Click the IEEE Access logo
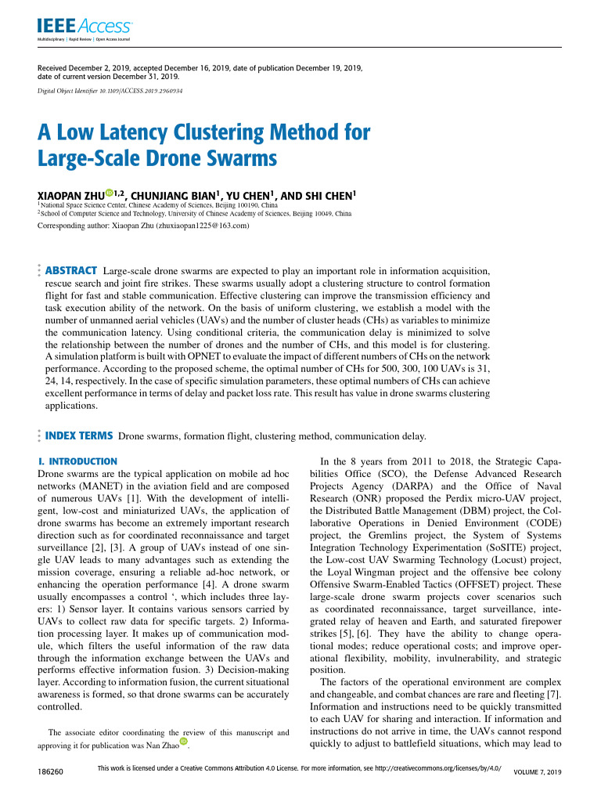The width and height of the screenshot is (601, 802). (x=85, y=27)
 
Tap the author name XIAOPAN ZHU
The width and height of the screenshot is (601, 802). (x=71, y=194)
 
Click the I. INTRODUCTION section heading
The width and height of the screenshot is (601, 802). (x=77, y=461)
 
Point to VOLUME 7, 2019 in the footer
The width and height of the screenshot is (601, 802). (x=537, y=773)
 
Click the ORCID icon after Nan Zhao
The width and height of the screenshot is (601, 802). (x=184, y=742)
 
